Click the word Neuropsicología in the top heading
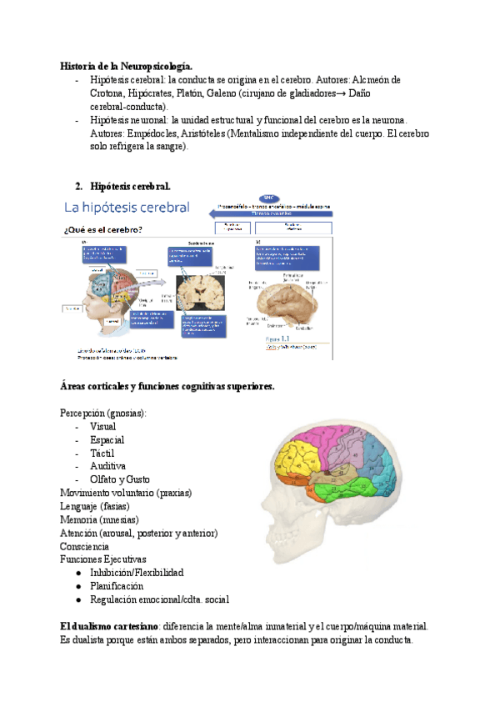(153, 66)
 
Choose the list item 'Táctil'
(103, 453)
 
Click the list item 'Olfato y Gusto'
(120, 479)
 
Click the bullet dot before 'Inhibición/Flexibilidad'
(78, 573)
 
